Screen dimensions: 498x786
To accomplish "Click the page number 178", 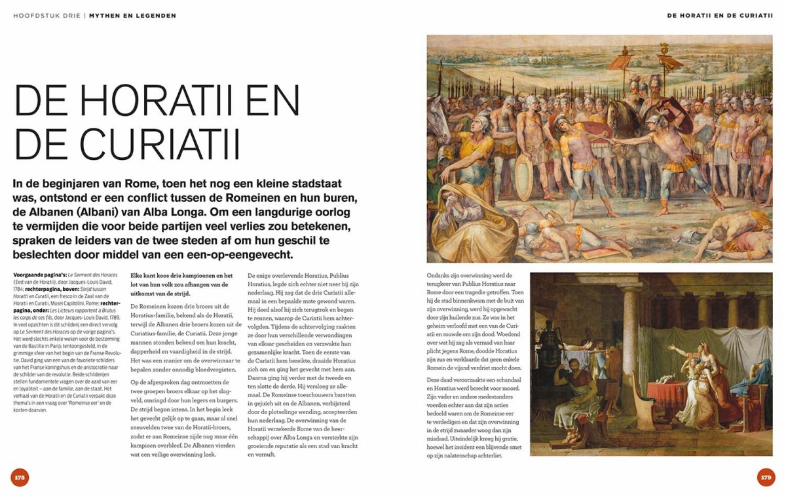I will click(20, 477).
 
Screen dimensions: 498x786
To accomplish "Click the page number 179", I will click(766, 477).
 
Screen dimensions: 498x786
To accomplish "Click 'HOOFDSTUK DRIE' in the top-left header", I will click(47, 16).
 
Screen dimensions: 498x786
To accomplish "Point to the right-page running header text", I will click(720, 16).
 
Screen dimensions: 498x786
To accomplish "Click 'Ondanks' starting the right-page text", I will click(440, 276).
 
